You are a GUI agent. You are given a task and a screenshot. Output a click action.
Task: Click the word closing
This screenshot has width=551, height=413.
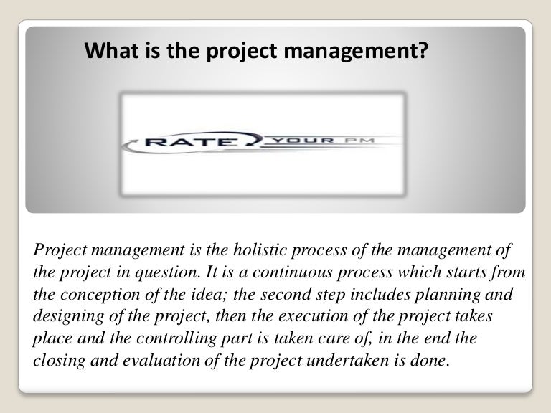pyautogui.click(x=56, y=360)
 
